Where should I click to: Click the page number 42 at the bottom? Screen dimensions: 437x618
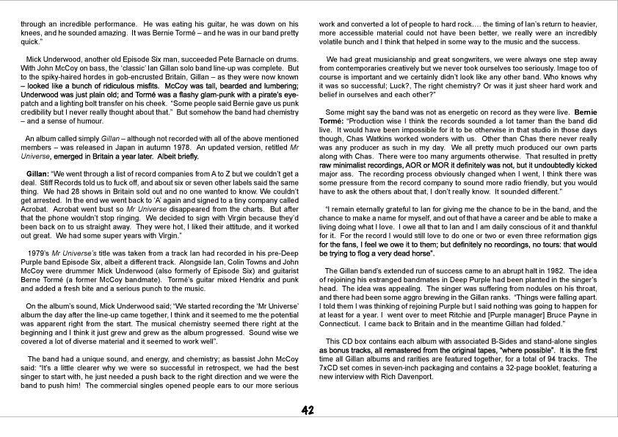click(x=309, y=410)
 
